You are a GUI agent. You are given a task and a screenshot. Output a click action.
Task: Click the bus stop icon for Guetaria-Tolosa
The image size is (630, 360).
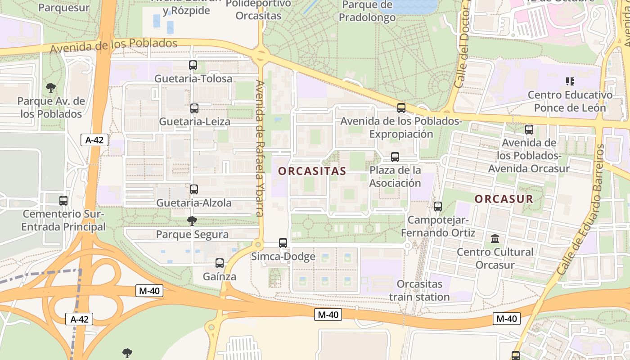[193, 65]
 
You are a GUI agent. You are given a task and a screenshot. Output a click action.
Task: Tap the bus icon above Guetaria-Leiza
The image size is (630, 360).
[194, 108]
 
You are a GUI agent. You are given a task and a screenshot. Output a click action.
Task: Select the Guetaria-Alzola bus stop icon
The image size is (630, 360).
[194, 189]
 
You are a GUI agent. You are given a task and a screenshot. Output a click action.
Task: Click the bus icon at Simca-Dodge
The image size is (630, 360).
[283, 243]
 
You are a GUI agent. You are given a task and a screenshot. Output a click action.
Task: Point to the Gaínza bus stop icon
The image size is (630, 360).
[220, 263]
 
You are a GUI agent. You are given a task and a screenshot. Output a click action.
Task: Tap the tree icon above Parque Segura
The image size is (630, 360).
[192, 221]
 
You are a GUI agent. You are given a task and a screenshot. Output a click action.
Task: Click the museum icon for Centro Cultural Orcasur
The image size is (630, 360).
[495, 238]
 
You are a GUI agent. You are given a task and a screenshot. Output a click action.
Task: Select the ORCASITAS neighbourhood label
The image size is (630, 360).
[312, 171]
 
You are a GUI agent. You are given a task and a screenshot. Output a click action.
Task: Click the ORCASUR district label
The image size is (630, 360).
[504, 199]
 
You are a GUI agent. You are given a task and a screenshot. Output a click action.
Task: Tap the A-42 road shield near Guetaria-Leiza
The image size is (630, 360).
[94, 140]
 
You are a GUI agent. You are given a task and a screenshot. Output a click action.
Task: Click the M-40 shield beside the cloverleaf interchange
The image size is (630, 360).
[149, 291]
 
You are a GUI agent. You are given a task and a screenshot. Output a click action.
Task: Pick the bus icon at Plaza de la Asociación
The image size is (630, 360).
[395, 157]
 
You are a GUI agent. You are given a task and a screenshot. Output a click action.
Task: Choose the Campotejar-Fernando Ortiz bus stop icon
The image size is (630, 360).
[437, 207]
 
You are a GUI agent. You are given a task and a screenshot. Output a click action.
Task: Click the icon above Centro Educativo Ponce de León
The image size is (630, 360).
[570, 81]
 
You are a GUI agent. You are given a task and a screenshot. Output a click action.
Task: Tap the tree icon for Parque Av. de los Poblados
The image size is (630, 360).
[51, 87]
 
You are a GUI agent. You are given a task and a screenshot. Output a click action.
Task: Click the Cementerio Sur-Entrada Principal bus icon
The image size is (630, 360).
[63, 201]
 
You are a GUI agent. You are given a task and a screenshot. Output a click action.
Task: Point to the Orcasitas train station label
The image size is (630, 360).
[419, 290]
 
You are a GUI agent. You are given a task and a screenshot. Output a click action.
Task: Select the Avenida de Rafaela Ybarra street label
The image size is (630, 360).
[260, 148]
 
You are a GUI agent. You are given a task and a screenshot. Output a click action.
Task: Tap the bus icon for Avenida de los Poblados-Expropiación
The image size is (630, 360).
[401, 108]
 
